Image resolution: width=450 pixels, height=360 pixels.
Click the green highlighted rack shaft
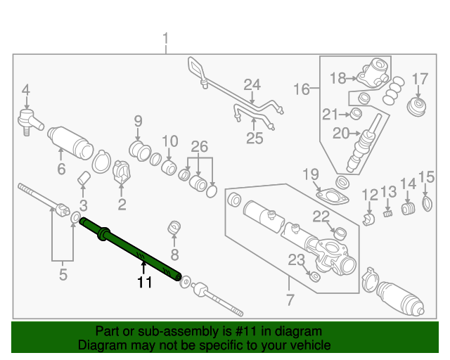(x=134, y=250)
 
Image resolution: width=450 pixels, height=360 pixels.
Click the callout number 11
(x=144, y=283)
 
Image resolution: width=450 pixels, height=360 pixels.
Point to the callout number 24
(x=252, y=85)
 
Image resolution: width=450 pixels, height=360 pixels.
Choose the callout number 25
(x=254, y=138)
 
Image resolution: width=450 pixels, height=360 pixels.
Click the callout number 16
(x=301, y=89)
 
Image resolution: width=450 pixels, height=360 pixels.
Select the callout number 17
(x=420, y=78)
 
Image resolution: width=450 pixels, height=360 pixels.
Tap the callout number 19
(x=311, y=174)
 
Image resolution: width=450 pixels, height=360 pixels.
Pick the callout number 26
(x=199, y=146)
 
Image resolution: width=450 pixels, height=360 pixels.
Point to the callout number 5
(x=63, y=275)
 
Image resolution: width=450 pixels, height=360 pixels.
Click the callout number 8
(x=174, y=254)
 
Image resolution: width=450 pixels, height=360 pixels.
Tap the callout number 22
(x=321, y=215)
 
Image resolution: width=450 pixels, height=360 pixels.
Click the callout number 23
(x=296, y=260)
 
